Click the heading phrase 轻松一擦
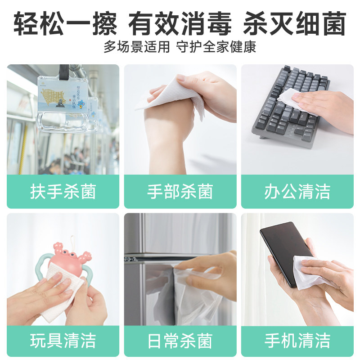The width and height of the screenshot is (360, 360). click(x=65, y=23)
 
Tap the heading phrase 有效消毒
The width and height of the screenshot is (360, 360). click(x=180, y=23)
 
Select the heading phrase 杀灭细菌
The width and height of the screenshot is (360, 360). click(x=295, y=23)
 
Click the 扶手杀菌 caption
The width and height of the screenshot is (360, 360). click(x=63, y=192)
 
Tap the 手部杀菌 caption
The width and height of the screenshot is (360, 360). click(x=180, y=192)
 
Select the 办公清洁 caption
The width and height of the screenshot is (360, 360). click(x=297, y=192)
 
